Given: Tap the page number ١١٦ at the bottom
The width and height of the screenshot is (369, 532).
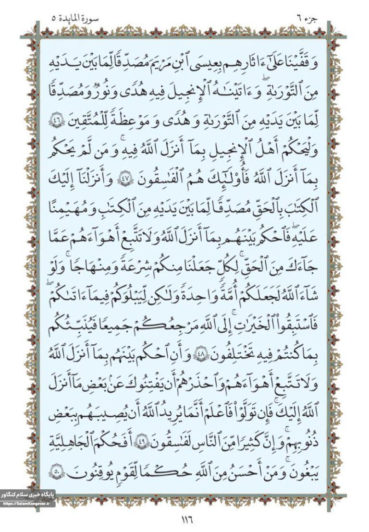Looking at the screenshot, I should [184, 519].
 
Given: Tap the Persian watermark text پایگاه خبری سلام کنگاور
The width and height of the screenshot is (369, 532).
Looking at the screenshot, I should [27, 494].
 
